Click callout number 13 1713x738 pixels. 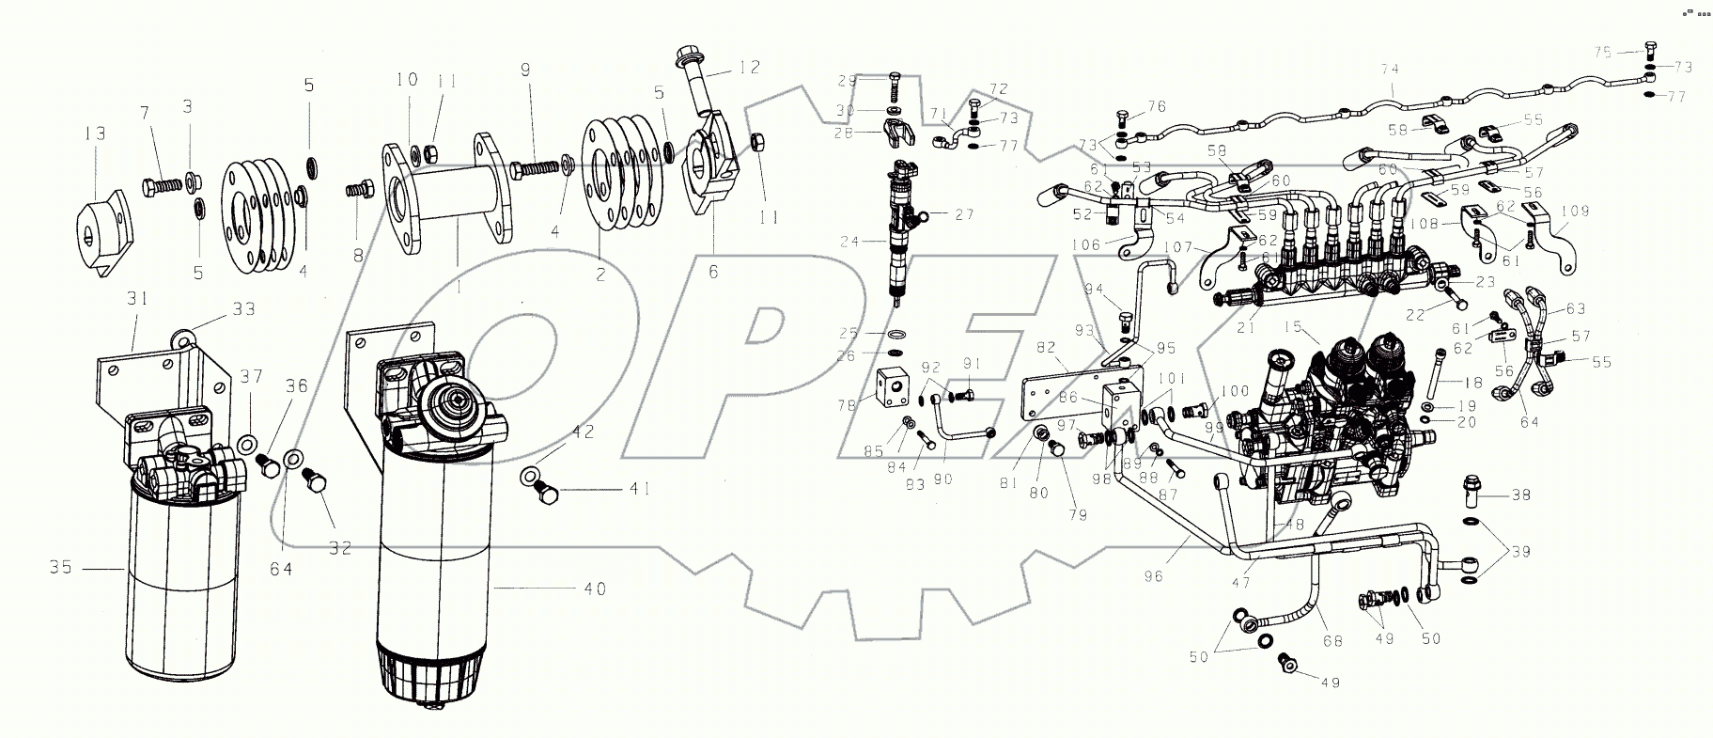click(95, 133)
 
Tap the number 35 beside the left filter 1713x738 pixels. click(63, 569)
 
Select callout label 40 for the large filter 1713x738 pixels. click(595, 589)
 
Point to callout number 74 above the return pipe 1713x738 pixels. click(1390, 69)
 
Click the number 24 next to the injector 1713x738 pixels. click(849, 242)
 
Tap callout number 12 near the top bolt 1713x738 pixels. click(748, 68)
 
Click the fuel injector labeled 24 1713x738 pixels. click(899, 235)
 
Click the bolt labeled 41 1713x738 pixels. click(545, 493)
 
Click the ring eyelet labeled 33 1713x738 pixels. click(180, 331)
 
